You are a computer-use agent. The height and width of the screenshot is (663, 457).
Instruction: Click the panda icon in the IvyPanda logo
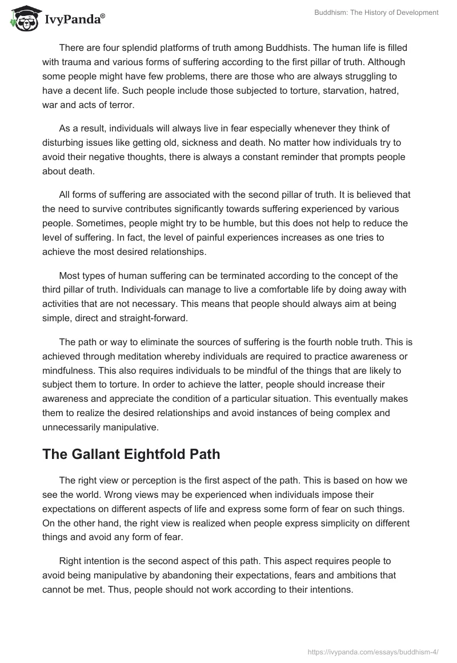[x=22, y=19]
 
